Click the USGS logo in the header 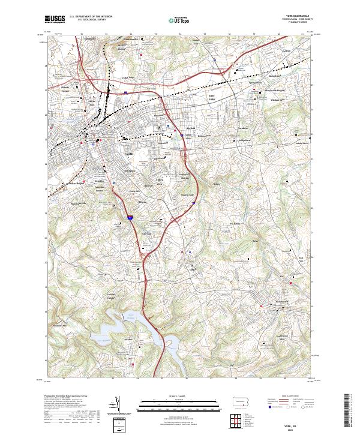click(55, 20)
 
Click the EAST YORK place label click(212, 97)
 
